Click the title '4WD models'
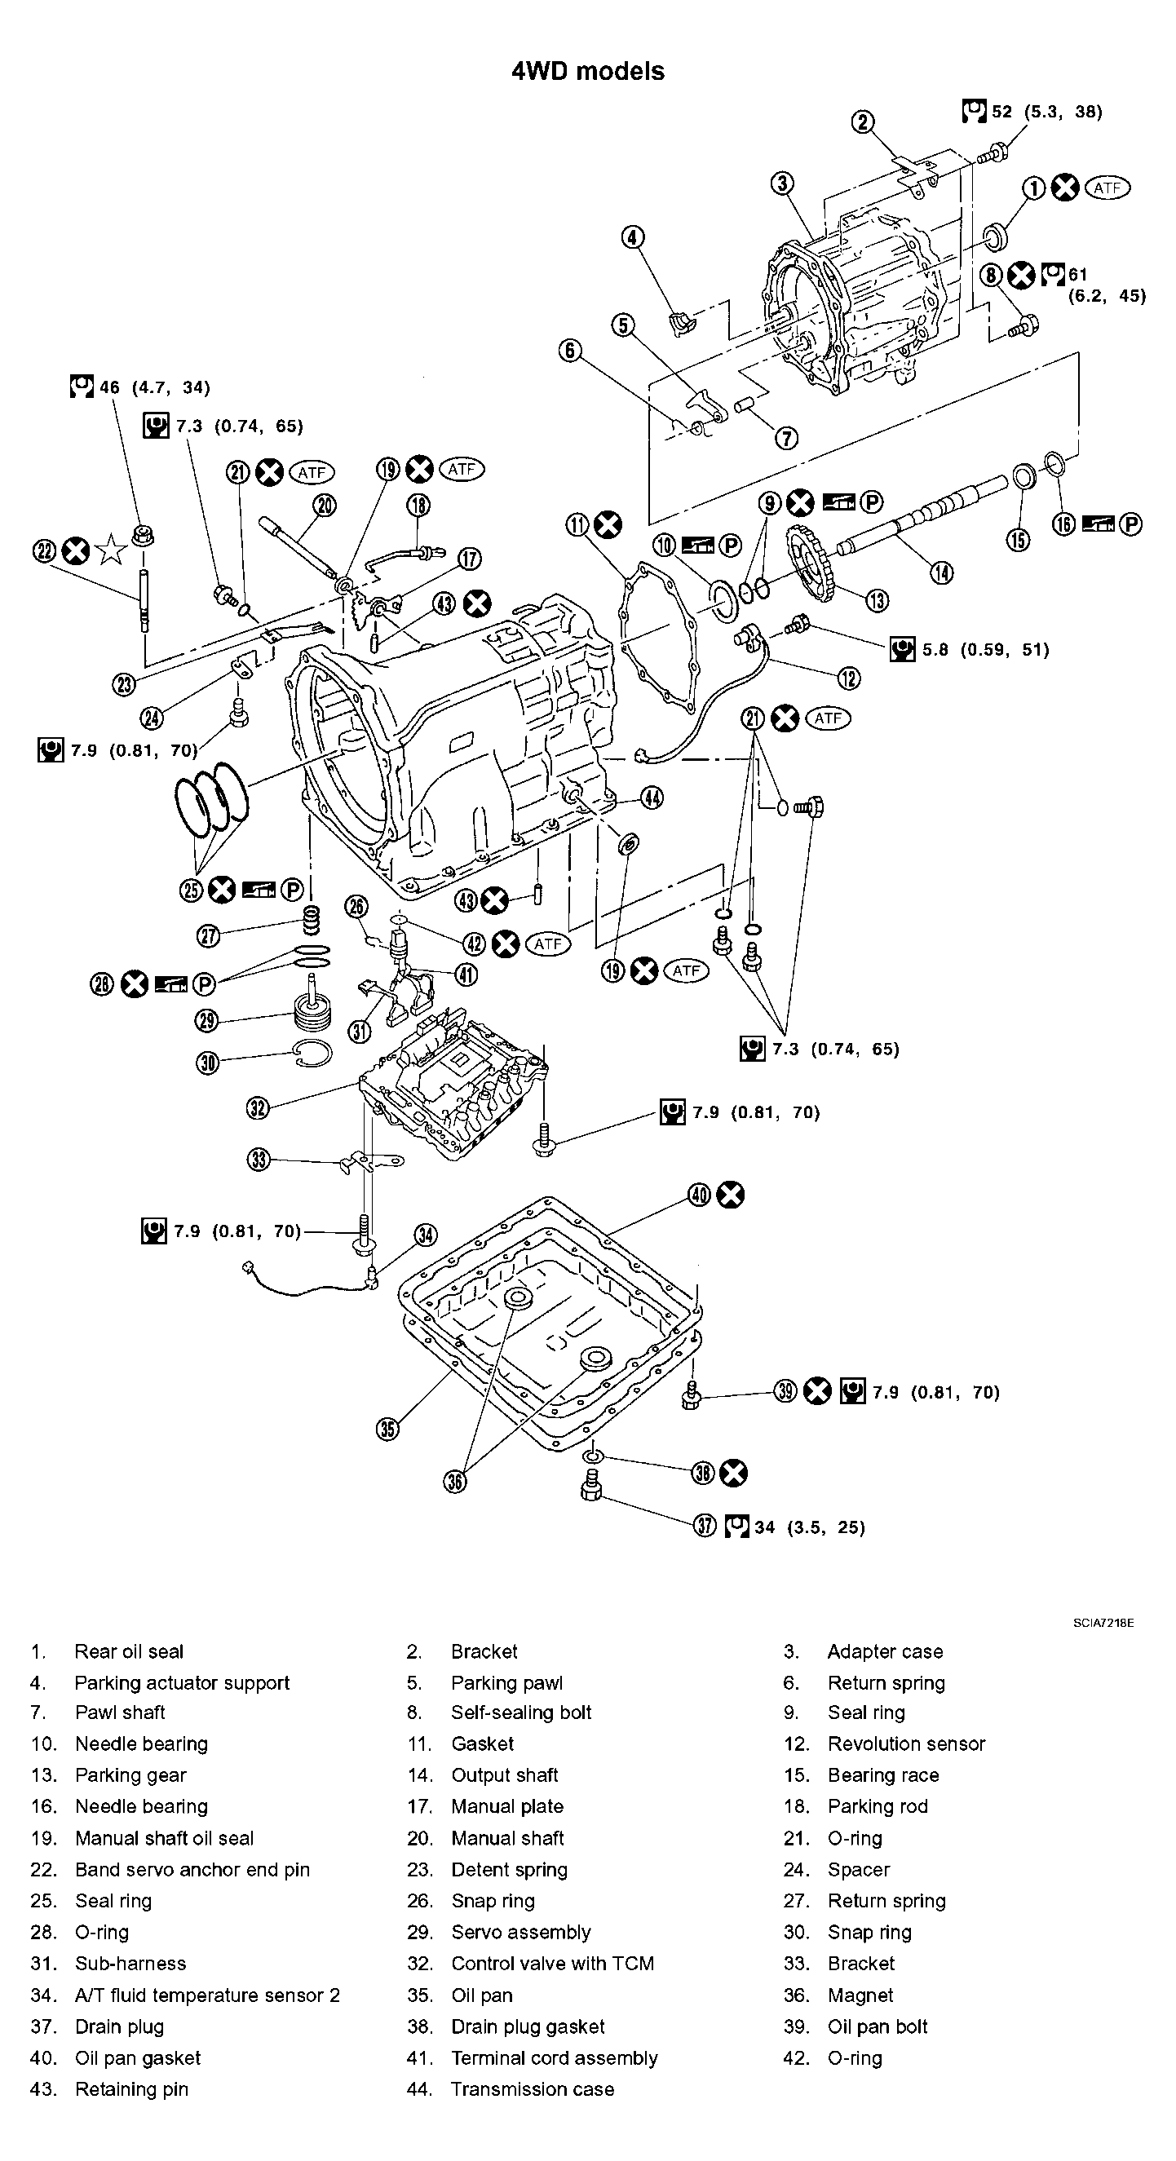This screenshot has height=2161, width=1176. coord(587,71)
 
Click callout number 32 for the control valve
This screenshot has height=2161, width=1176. coord(258,1107)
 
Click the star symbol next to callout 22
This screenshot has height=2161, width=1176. coord(111,551)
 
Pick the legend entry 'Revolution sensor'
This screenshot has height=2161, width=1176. coord(906,1744)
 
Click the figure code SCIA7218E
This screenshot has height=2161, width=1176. coord(1103,1624)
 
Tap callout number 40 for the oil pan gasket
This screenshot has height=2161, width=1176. coord(700,1195)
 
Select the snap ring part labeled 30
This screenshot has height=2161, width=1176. coord(314,1054)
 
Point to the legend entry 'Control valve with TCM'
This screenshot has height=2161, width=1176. coord(552,1964)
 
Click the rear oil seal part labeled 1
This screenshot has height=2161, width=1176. coord(995,236)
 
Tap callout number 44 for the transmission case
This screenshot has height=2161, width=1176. coord(652,798)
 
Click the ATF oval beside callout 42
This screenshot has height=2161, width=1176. coord(548,944)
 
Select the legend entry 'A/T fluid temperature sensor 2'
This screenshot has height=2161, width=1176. coord(207,1995)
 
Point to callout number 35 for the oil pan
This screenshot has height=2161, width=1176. coord(387,1429)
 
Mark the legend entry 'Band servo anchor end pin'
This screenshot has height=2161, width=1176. coord(192,1870)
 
